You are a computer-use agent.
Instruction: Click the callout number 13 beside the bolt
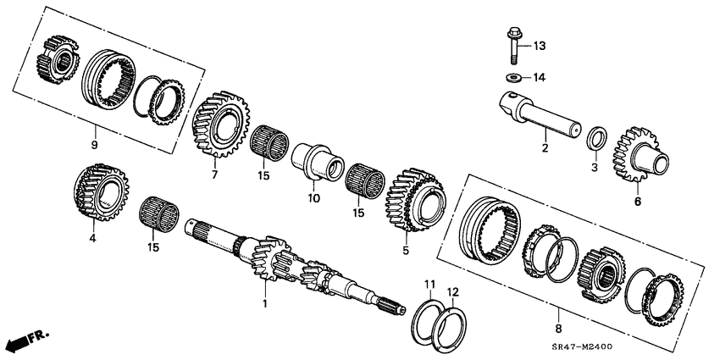[540, 45]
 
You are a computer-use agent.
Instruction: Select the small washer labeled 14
[512, 78]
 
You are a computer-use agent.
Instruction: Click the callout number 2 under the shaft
[545, 149]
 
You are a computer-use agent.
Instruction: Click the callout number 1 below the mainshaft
[263, 303]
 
